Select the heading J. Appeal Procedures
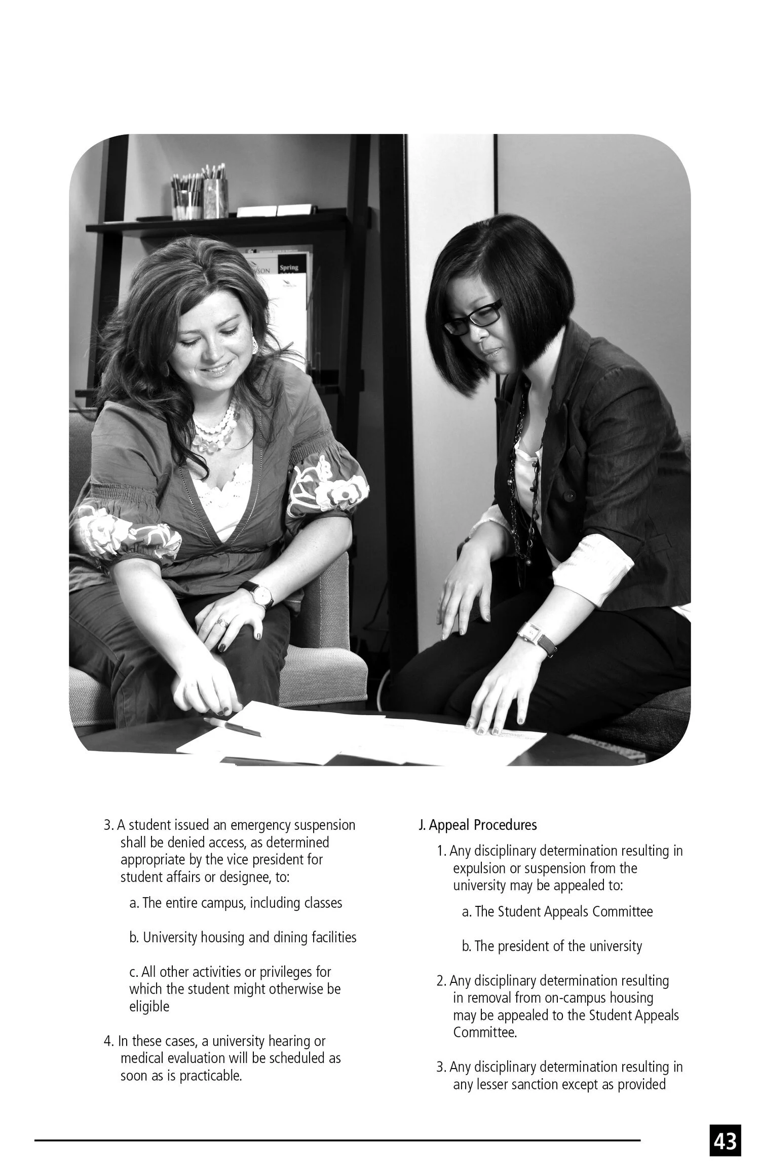tap(477, 825)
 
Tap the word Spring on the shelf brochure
tap(289, 267)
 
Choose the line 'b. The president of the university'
tap(552, 946)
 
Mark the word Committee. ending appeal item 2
tap(485, 1033)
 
